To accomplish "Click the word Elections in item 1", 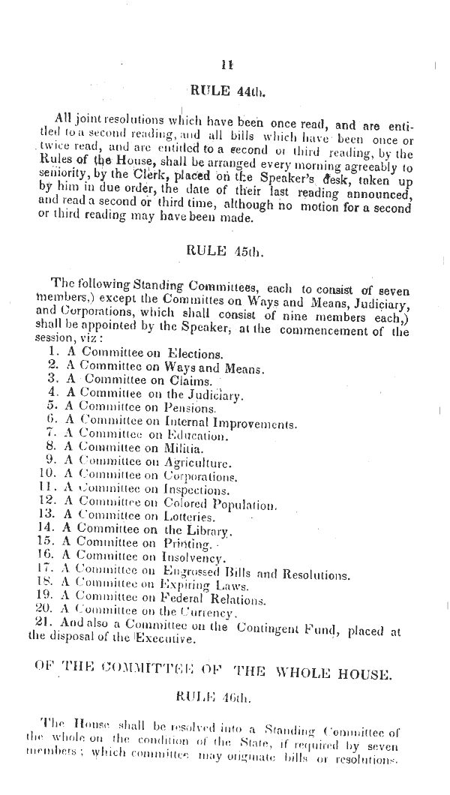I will click(x=194, y=353).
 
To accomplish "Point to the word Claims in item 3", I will click(x=191, y=380).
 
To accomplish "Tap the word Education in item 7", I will click(x=194, y=435).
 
